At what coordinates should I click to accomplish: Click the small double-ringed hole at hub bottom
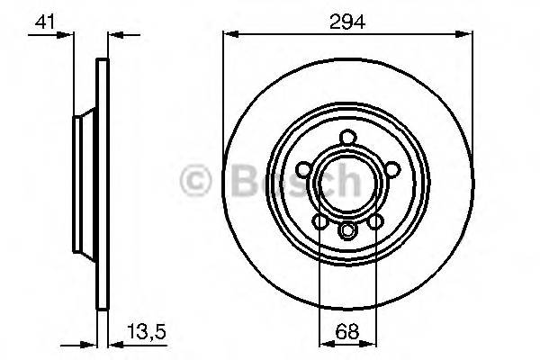346,231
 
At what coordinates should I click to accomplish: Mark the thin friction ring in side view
102,180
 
